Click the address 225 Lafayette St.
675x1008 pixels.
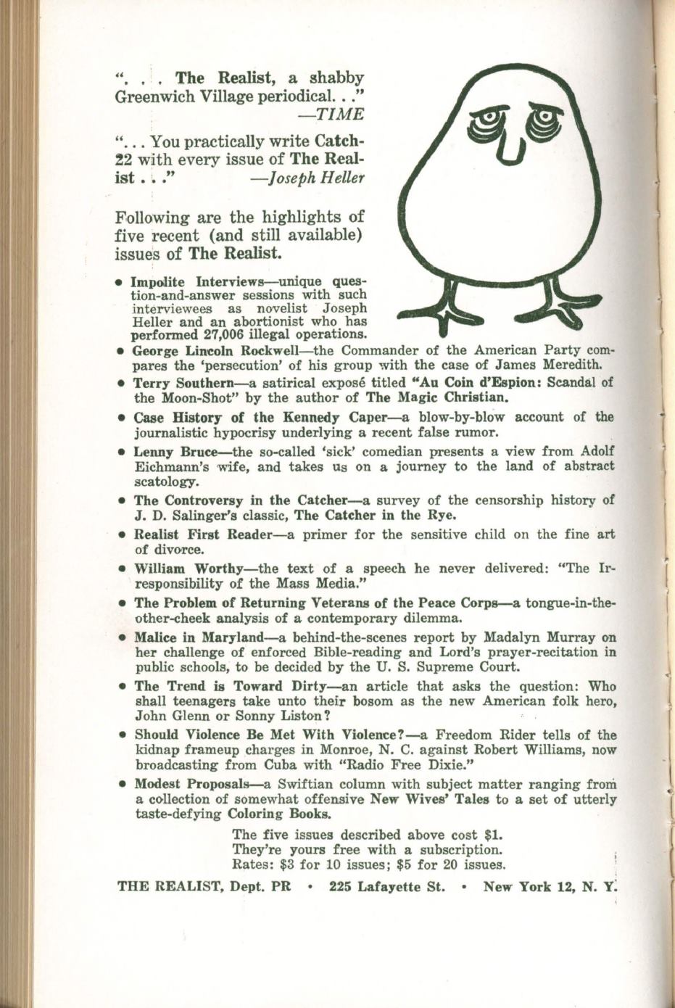pyautogui.click(x=386, y=886)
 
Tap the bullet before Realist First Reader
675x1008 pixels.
pyautogui.click(x=122, y=534)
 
